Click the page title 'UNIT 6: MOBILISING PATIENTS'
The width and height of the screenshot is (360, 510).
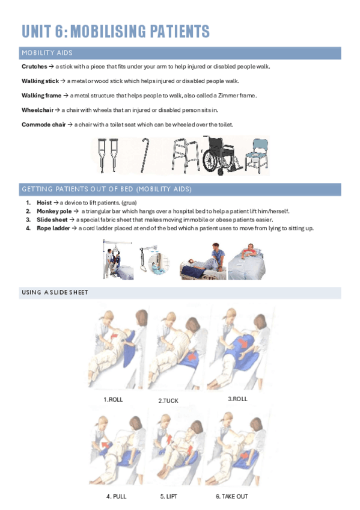point(115,31)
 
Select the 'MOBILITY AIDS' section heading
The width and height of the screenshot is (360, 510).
point(47,53)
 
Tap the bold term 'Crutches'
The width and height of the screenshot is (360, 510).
point(34,66)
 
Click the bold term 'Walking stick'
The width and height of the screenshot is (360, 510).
point(40,81)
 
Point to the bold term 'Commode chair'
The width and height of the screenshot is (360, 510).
point(43,124)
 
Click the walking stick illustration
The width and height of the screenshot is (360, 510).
point(144,155)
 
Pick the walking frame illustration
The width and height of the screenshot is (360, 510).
point(186,155)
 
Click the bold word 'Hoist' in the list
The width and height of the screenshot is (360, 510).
point(44,203)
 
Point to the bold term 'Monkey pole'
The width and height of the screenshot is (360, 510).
point(54,211)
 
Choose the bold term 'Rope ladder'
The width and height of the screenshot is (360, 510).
point(53,229)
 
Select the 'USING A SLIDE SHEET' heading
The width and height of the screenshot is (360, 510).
point(55,292)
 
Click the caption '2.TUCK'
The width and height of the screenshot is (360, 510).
point(168,401)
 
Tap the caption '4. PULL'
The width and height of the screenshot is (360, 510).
point(117,496)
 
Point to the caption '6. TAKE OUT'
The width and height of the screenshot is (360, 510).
point(231,496)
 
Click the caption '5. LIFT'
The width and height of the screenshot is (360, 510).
point(169,496)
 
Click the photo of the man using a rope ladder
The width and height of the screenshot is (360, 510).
point(246,261)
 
